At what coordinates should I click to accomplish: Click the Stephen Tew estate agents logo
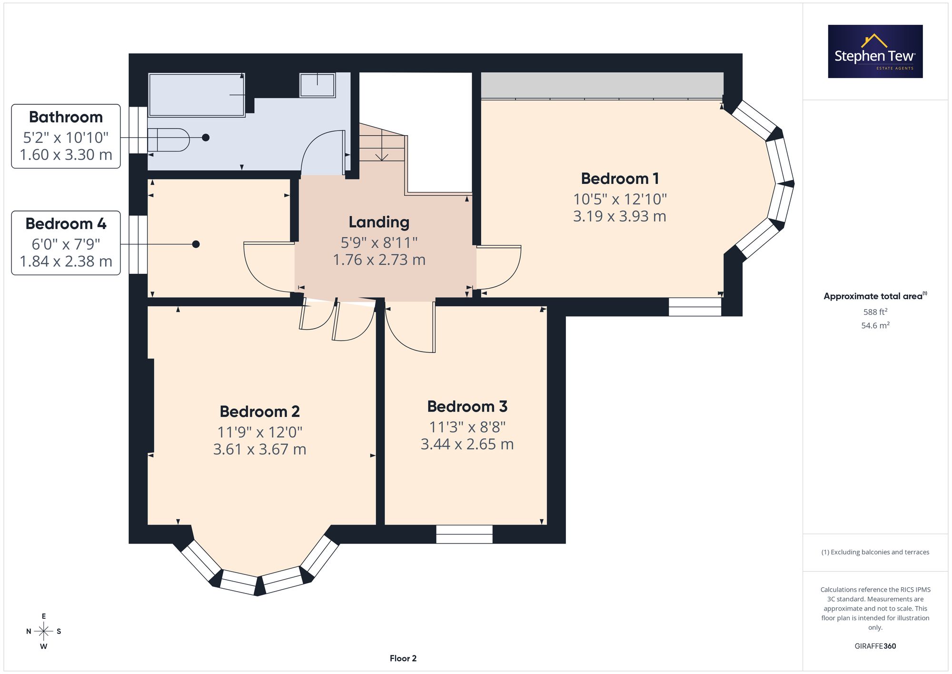[x=875, y=51]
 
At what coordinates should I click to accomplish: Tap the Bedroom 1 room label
[x=620, y=179]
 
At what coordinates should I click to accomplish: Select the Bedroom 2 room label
[x=259, y=412]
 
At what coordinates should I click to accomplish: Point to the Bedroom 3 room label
[x=467, y=407]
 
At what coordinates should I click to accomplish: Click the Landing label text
[x=379, y=222]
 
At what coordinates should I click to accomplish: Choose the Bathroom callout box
[x=66, y=136]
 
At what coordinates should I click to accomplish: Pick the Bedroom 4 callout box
[x=66, y=243]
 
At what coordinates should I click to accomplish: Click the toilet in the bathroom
[x=169, y=140]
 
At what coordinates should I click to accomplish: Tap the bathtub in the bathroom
[x=197, y=95]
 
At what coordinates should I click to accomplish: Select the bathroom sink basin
[x=317, y=85]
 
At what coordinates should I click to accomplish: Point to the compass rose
[x=44, y=632]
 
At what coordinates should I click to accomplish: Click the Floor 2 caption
[x=403, y=658]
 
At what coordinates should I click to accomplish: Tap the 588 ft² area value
[x=875, y=312]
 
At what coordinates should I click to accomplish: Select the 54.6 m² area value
[x=875, y=325]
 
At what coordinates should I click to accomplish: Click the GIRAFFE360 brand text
[x=875, y=646]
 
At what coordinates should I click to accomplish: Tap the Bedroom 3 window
[x=464, y=534]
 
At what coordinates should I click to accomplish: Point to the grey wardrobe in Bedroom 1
[x=602, y=85]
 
